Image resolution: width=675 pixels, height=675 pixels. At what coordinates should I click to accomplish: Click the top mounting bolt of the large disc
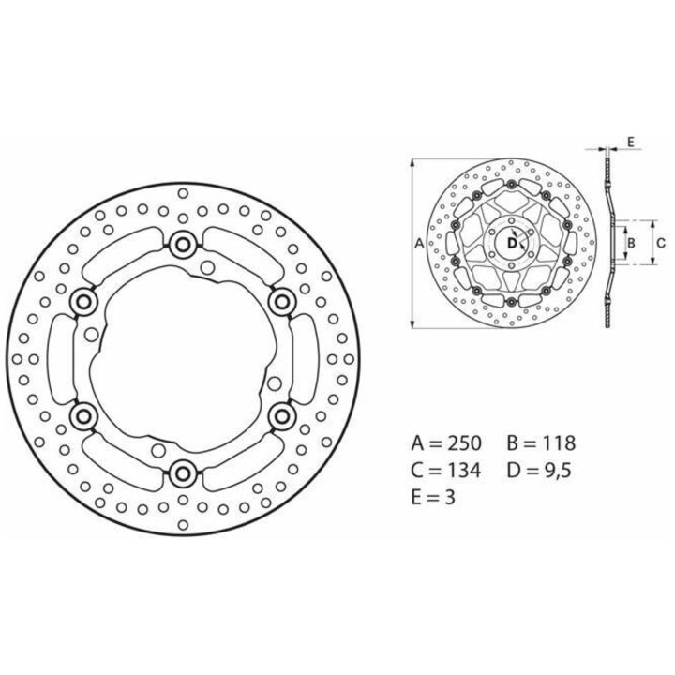(183, 245)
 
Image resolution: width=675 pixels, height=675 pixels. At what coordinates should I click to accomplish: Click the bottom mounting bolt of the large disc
(183, 473)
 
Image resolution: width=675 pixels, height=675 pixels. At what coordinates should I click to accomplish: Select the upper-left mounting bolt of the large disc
(83, 302)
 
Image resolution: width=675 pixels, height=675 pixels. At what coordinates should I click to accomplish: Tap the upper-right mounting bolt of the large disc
(282, 302)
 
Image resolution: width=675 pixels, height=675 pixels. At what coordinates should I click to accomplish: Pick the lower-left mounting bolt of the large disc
(83, 416)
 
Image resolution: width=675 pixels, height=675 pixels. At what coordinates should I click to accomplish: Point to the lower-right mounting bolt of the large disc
(282, 416)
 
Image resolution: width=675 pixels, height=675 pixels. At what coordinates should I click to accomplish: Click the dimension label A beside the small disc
(419, 244)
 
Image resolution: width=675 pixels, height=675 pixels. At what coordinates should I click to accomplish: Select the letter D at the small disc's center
(512, 243)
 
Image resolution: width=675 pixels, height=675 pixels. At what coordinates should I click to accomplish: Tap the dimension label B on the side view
(631, 243)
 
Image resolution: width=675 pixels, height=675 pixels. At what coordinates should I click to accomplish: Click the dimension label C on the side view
(661, 243)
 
